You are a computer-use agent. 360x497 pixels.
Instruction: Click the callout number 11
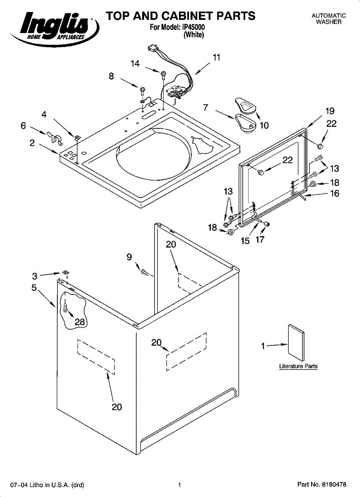tap(216, 58)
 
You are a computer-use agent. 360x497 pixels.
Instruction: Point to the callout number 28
tap(80, 321)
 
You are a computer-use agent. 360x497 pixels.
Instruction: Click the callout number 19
tap(330, 111)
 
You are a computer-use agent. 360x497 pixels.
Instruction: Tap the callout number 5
tap(34, 287)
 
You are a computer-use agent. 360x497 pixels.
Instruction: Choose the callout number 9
tap(129, 257)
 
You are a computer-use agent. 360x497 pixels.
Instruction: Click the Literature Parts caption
tap(298, 366)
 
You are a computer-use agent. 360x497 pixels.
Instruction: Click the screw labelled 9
tap(145, 272)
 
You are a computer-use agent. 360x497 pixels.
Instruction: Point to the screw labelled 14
tap(164, 74)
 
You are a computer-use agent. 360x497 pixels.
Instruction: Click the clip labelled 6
tap(54, 138)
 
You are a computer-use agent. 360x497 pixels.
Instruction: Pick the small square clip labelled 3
tap(65, 272)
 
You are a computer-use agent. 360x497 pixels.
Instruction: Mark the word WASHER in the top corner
tap(329, 22)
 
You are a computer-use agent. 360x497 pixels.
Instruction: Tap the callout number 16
tap(335, 193)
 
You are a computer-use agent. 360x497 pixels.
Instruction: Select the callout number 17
tap(260, 239)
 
